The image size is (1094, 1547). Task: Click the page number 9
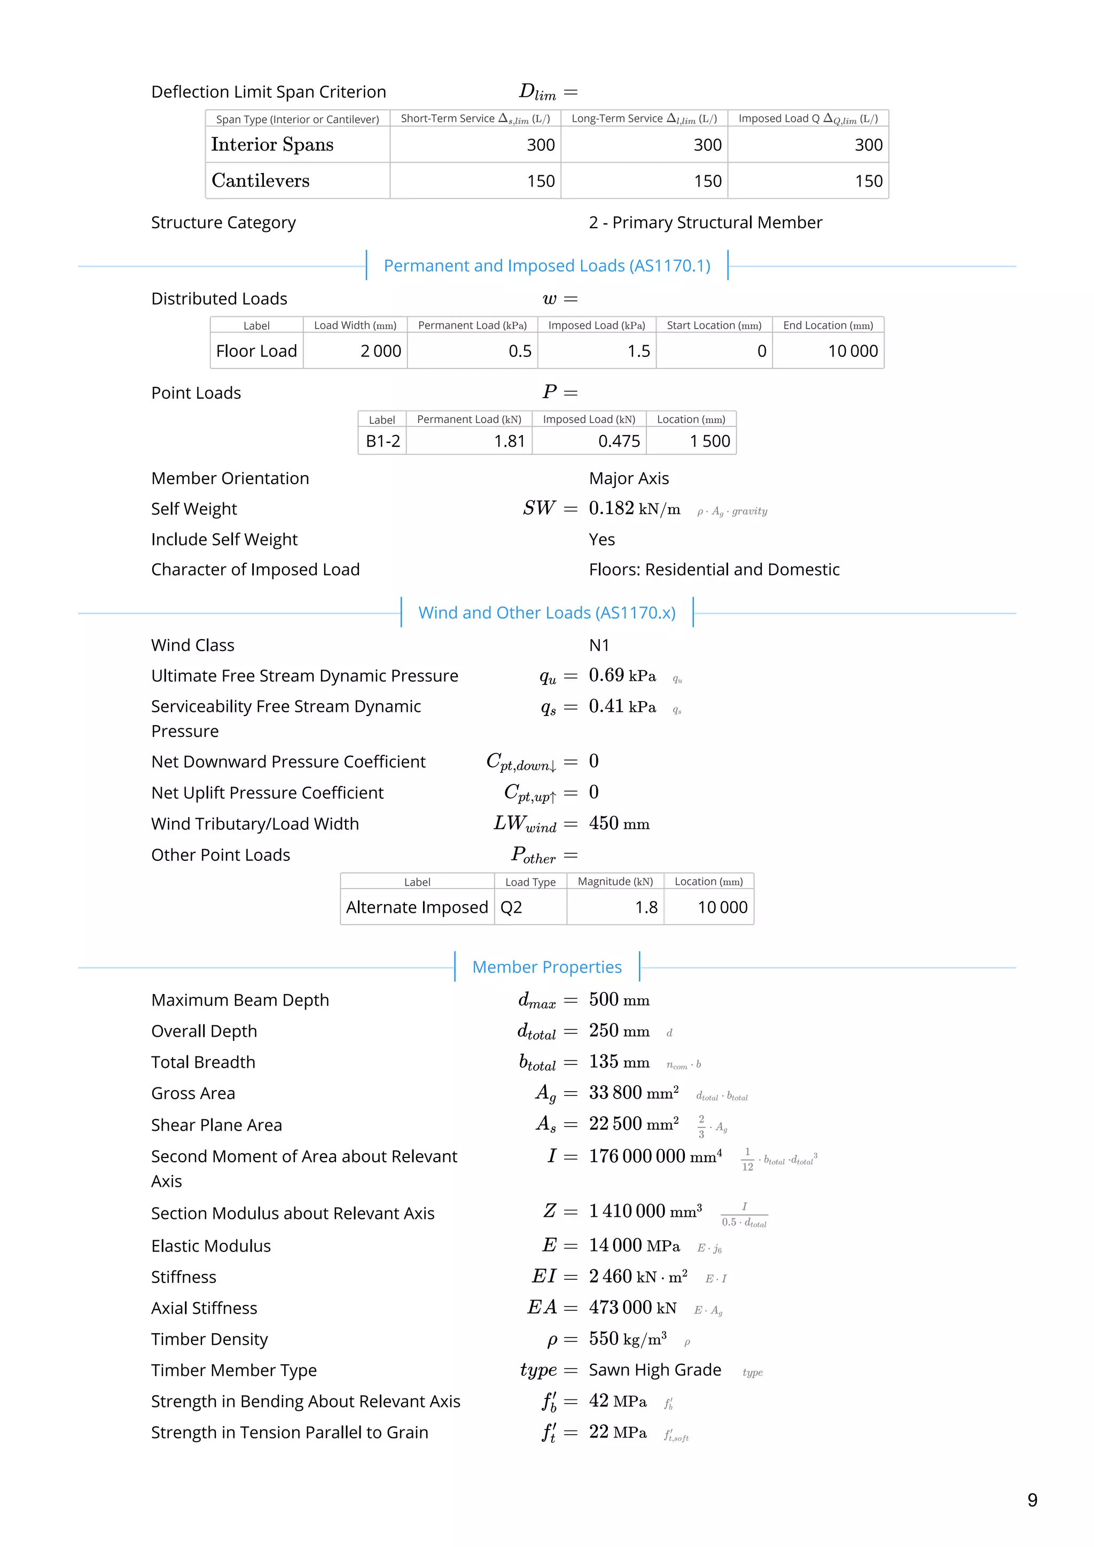point(1032,1500)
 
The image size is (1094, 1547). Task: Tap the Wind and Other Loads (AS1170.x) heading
point(546,612)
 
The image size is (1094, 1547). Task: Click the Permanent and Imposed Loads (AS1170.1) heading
point(546,266)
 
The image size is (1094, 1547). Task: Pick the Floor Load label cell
point(256,351)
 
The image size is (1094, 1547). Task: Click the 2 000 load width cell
point(381,351)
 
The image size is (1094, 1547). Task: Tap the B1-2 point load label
point(382,441)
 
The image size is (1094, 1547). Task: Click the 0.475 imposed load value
point(619,441)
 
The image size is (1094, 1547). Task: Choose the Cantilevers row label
point(261,181)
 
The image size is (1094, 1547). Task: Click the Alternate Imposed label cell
point(417,907)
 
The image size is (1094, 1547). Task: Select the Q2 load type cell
point(511,907)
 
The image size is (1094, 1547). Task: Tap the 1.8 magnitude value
point(645,907)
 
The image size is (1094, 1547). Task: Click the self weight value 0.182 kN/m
point(634,509)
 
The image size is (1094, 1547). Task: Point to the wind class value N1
point(599,646)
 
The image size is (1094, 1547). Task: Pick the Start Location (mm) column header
point(714,325)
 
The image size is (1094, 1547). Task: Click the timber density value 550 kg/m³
point(627,1339)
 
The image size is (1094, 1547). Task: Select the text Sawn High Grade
point(655,1370)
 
